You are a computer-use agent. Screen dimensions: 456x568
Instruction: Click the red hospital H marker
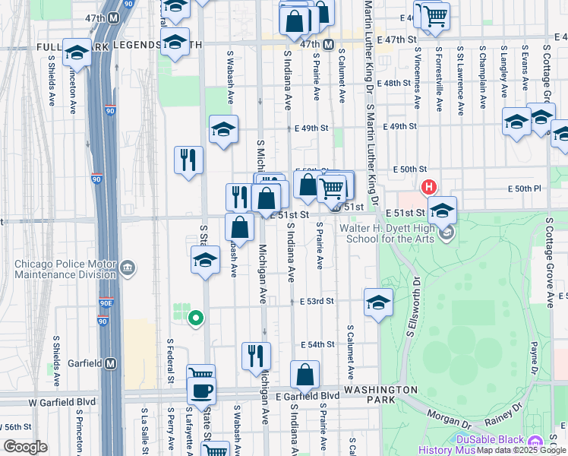429,187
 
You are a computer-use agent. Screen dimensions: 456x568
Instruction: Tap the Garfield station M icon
112,363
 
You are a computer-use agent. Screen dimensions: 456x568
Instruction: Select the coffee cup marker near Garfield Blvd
201,391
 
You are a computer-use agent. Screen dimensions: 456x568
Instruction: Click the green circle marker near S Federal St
195,318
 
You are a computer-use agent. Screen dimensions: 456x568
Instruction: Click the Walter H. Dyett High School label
387,233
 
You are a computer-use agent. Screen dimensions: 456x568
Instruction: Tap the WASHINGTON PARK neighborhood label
380,390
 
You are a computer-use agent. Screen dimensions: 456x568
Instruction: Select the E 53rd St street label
317,302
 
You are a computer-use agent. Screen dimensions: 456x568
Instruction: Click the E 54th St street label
317,345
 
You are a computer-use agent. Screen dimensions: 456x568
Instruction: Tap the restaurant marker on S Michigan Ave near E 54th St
256,355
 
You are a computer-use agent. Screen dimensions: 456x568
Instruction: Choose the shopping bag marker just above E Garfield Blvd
305,374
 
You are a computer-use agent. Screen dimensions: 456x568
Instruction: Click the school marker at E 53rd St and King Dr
378,302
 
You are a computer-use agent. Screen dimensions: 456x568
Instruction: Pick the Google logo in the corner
25,447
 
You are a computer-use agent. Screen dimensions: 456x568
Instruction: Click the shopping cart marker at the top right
434,15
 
